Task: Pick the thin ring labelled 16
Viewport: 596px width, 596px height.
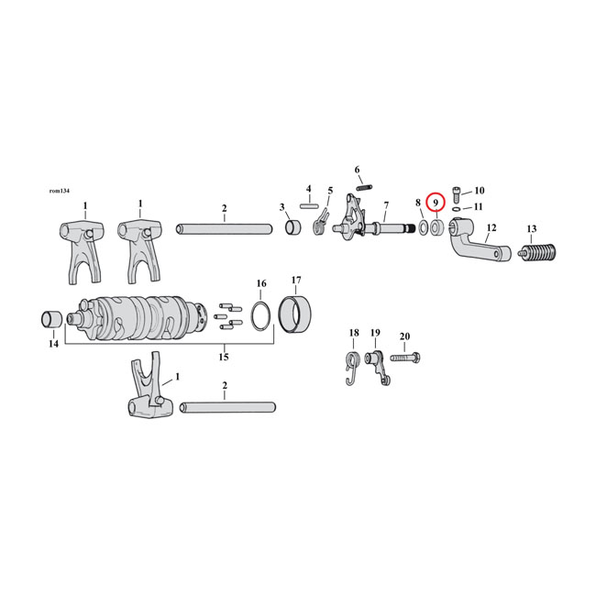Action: tap(260, 315)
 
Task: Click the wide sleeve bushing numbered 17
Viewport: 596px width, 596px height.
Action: tap(296, 314)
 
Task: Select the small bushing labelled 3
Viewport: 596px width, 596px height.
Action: tap(292, 227)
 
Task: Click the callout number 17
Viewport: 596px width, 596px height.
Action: tap(296, 281)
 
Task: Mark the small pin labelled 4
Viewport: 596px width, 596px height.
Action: tap(310, 208)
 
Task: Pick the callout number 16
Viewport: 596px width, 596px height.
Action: tap(261, 283)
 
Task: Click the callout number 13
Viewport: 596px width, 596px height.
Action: tap(532, 229)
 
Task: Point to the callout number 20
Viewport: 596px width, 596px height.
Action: tap(405, 336)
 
